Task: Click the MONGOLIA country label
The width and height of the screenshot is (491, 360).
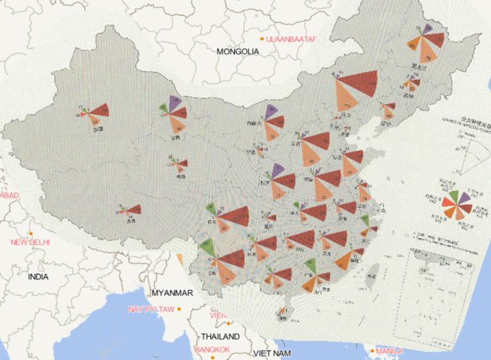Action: (x=238, y=51)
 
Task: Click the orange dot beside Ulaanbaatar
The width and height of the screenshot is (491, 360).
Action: (x=262, y=40)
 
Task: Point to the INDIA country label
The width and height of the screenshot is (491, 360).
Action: (x=38, y=277)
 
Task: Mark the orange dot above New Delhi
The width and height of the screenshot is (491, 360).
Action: (x=30, y=233)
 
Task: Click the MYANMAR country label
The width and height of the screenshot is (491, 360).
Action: (x=172, y=293)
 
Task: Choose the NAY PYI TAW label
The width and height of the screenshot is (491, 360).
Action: (x=151, y=309)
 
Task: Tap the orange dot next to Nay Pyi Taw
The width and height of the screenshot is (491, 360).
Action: (x=179, y=309)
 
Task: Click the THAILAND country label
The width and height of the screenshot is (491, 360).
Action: (x=220, y=336)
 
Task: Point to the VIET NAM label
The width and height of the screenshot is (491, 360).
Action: (x=272, y=353)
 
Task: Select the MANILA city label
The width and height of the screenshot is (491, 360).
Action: (x=389, y=351)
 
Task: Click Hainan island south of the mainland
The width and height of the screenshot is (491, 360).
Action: (x=282, y=313)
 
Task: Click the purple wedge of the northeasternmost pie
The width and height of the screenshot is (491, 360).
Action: (x=427, y=29)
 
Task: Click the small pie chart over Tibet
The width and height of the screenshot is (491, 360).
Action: (x=132, y=209)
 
